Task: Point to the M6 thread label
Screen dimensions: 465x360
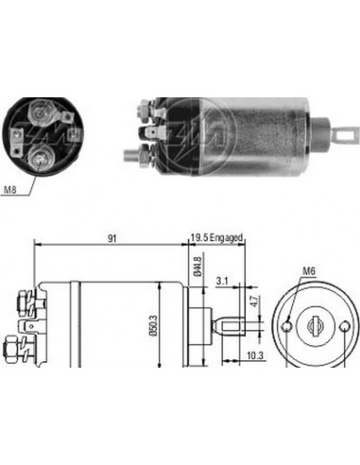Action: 308,271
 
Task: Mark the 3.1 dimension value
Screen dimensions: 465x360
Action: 220,281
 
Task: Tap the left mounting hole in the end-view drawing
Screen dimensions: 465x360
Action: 286,326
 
